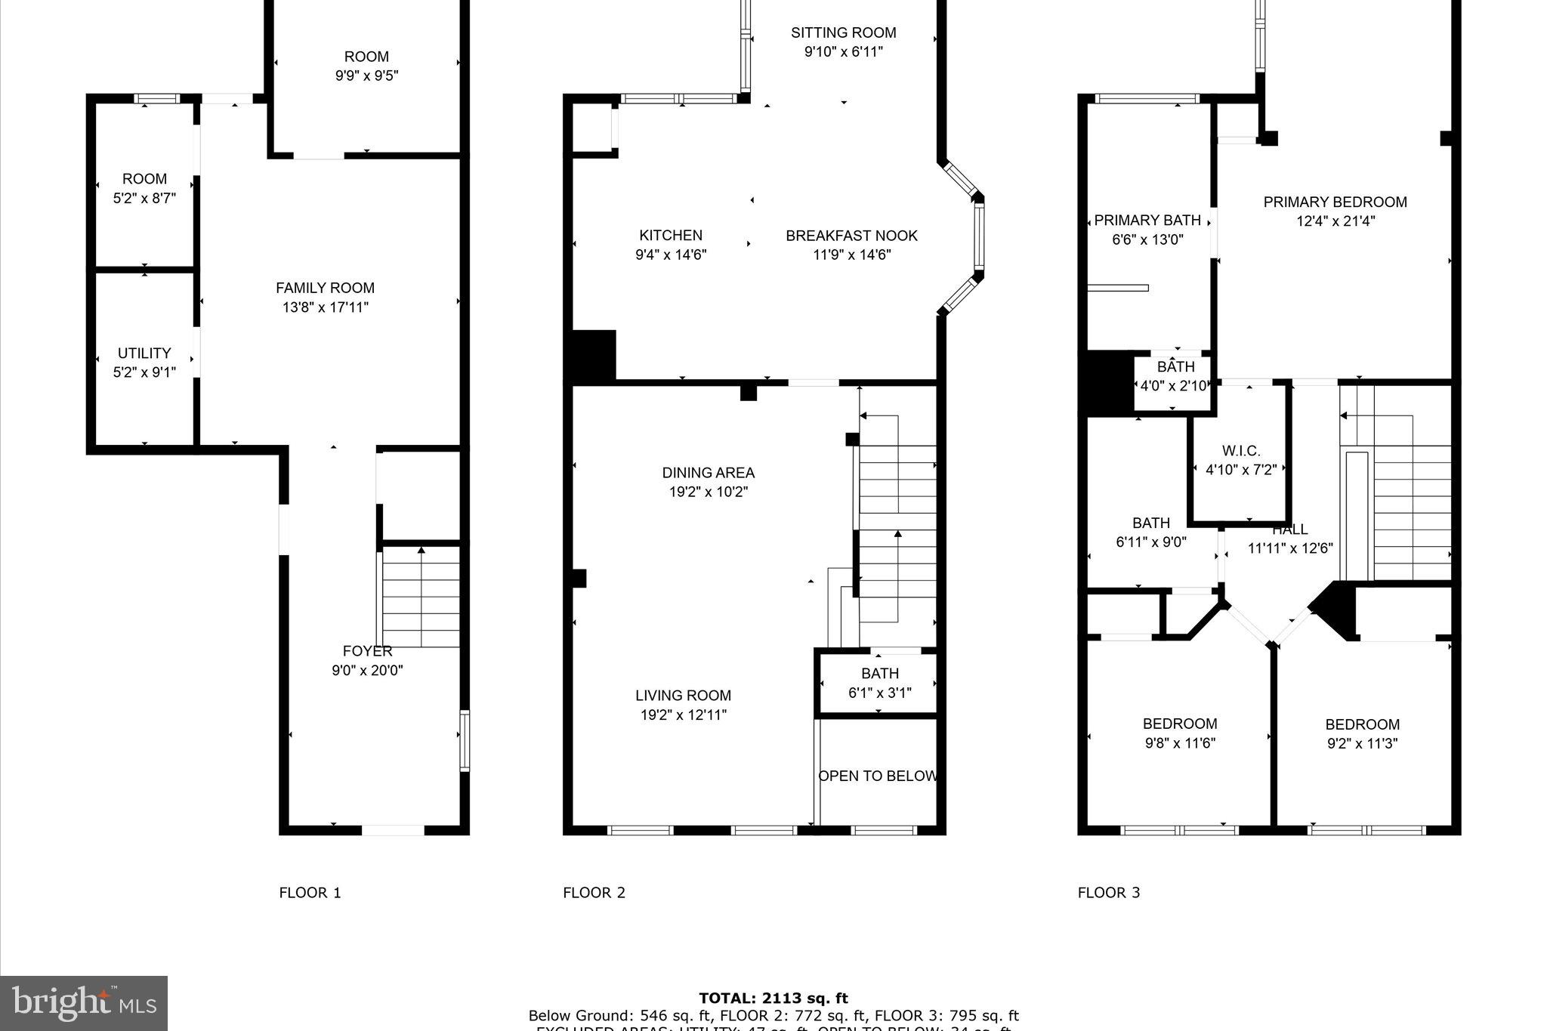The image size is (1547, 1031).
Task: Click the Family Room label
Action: [x=325, y=288]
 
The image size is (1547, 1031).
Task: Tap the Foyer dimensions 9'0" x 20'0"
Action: [x=367, y=671]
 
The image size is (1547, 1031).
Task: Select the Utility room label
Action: [x=144, y=353]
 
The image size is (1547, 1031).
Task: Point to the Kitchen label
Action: [x=671, y=236]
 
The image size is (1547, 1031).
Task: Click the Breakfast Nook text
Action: [x=851, y=236]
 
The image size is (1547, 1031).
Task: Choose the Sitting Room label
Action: [x=843, y=32]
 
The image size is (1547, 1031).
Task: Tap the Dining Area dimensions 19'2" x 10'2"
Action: [x=708, y=492]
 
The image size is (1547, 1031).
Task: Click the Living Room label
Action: [x=683, y=696]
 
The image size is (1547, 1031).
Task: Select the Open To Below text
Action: [x=878, y=776]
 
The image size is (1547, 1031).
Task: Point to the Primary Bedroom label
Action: [x=1335, y=202]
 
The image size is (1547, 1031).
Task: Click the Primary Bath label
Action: [x=1147, y=221]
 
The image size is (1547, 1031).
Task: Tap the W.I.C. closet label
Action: [x=1240, y=451]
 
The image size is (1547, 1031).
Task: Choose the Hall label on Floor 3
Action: [x=1289, y=529]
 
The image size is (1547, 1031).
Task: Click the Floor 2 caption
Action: [x=594, y=893]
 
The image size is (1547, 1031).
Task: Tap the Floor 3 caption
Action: [x=1108, y=893]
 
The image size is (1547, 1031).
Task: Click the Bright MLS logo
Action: [x=84, y=1003]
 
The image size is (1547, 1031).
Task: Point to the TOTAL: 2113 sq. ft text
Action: [x=773, y=999]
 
